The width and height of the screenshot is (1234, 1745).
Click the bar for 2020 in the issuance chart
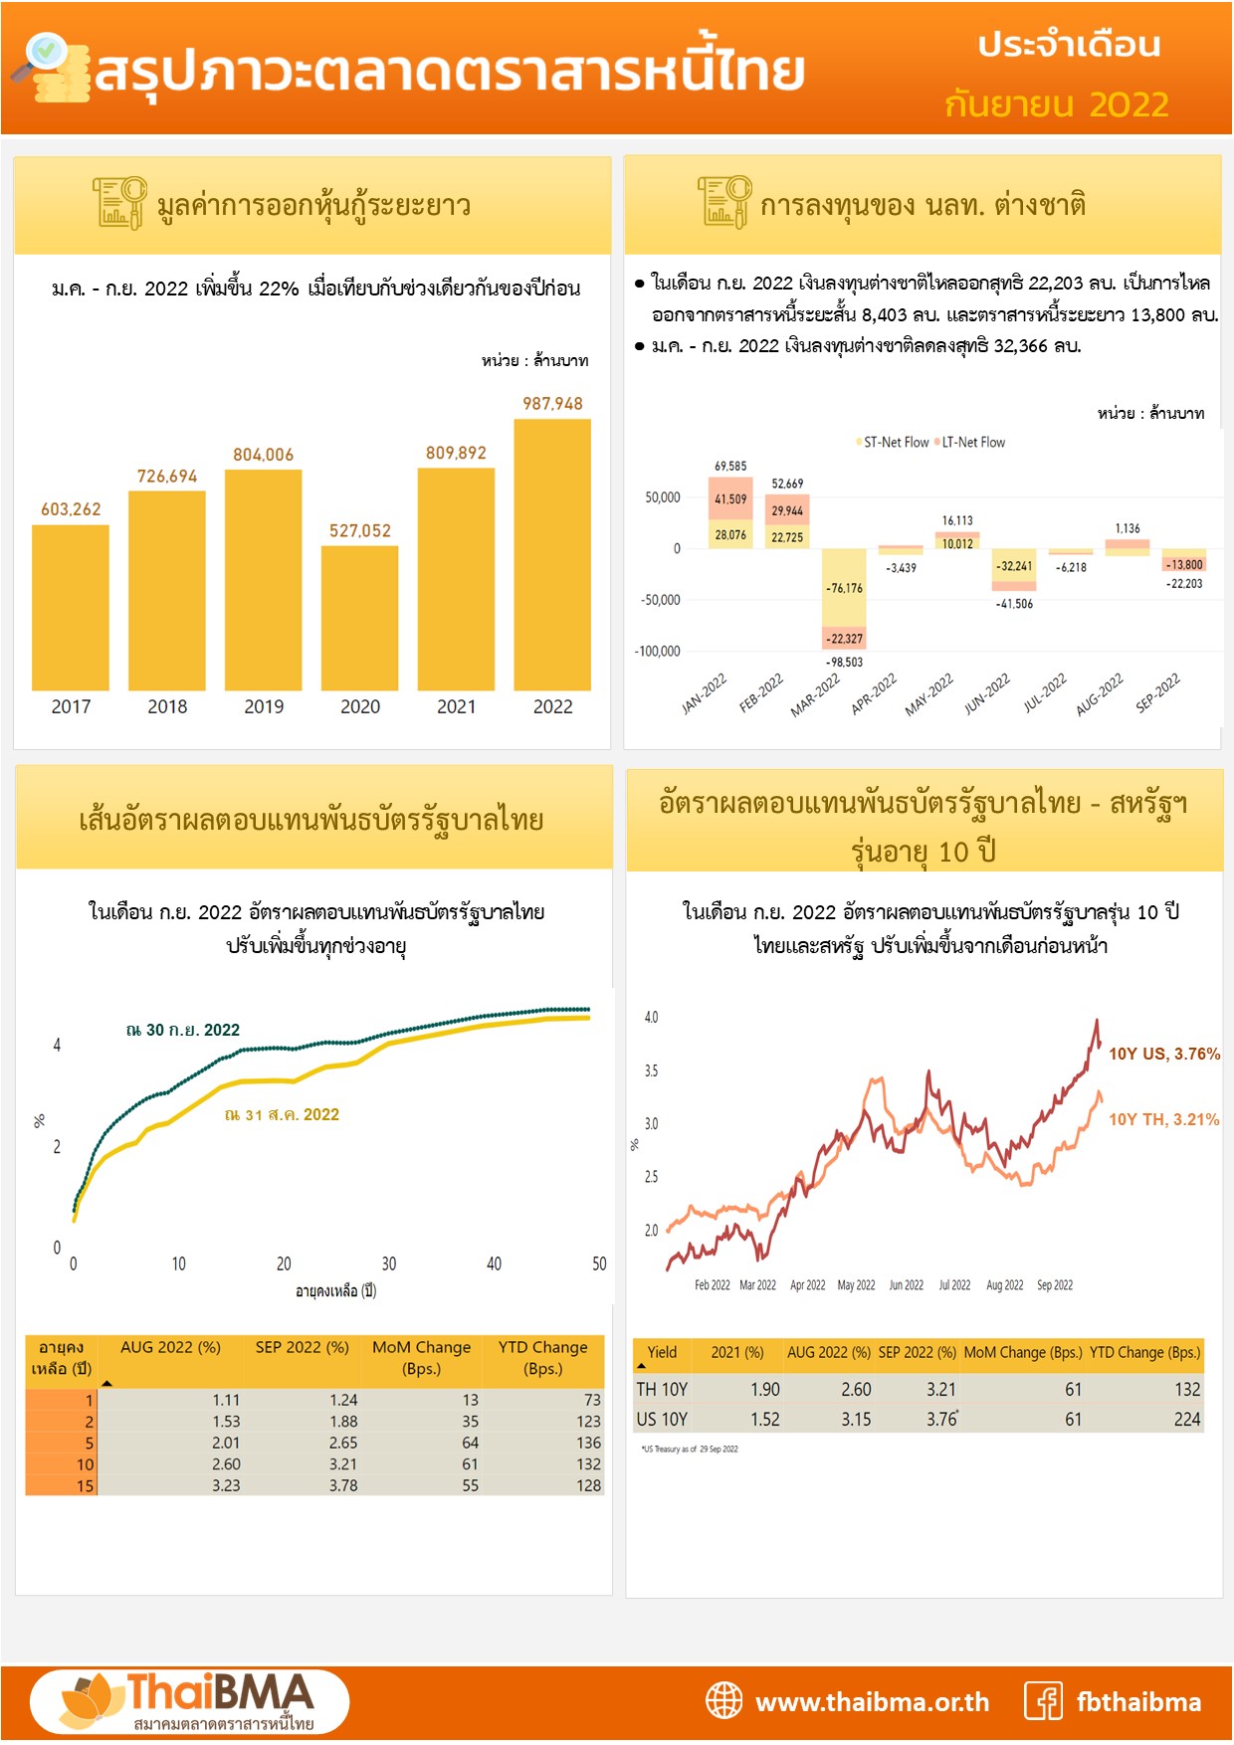click(359, 617)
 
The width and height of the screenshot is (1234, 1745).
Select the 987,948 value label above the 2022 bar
click(552, 404)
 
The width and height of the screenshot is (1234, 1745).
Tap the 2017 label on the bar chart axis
click(71, 706)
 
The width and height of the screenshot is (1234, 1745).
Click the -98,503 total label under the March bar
click(844, 663)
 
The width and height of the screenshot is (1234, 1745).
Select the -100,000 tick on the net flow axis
click(657, 652)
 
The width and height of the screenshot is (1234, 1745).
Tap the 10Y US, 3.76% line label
click(1163, 1055)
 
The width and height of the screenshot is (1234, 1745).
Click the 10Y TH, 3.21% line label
click(1163, 1120)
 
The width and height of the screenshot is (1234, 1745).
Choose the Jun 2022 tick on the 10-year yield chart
click(906, 1285)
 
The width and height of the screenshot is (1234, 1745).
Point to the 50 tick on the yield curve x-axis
click(599, 1264)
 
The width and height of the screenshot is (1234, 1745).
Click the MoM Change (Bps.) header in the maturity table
click(421, 1358)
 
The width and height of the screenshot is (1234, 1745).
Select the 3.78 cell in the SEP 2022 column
click(343, 1485)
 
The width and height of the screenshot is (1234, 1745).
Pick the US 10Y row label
click(662, 1420)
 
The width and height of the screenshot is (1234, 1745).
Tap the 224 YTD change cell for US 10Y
click(1186, 1420)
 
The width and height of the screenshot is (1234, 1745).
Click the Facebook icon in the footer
click(1044, 1701)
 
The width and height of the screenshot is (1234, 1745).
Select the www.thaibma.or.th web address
click(872, 1702)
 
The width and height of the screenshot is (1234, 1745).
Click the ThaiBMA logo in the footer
click(189, 1702)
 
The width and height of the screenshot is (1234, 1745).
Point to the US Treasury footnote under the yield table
click(690, 1450)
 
